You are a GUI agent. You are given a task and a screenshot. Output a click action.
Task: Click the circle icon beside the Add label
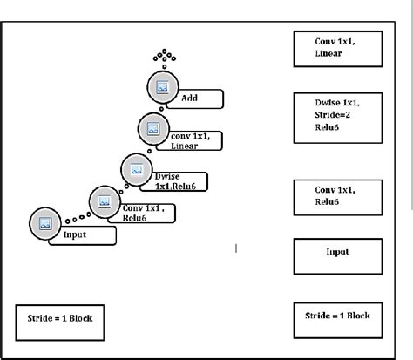click(x=161, y=87)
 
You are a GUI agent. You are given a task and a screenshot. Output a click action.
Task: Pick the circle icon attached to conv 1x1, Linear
click(x=152, y=129)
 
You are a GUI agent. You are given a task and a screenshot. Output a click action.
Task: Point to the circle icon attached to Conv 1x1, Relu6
click(x=105, y=200)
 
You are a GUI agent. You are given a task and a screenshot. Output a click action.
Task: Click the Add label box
click(x=199, y=98)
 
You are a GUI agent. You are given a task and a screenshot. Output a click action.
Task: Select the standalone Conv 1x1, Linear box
click(x=335, y=49)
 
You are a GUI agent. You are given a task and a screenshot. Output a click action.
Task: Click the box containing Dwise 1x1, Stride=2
click(x=335, y=118)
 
